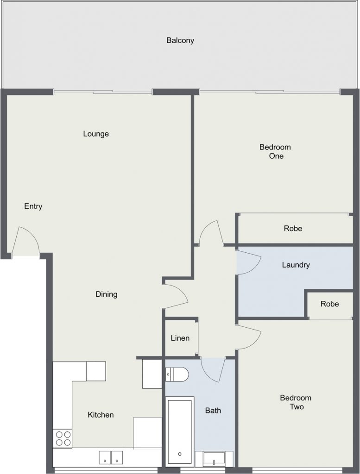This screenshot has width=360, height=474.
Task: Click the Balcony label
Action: pos(180,40)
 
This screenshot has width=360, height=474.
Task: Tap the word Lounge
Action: pos(96,134)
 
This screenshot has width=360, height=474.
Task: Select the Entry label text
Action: pos(33,206)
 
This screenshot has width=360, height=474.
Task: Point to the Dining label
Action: pos(107,294)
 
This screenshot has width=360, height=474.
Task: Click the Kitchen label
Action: pos(101,415)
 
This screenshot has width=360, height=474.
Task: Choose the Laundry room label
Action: pos(296,265)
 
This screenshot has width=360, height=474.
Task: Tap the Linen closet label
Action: pos(180,338)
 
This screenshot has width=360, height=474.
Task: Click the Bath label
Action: pos(213,411)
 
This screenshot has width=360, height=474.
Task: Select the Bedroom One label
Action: pos(275,151)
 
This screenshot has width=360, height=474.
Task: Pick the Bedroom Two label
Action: pos(296,402)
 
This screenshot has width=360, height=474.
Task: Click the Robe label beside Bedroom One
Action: pos(293,228)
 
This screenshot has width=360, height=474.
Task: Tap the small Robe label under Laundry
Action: pos(330,304)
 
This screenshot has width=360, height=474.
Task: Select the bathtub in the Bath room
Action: pos(180,430)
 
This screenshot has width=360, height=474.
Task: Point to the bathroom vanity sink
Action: pos(214,459)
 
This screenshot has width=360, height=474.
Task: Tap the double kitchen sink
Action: pos(111,457)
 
